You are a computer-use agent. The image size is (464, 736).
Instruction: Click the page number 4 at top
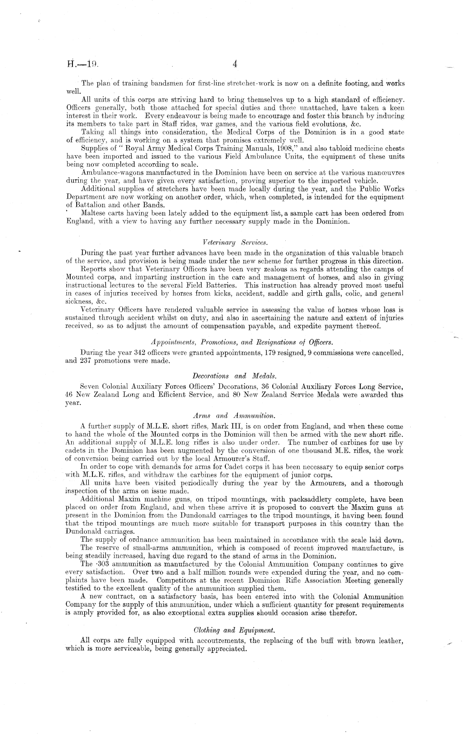[235, 64]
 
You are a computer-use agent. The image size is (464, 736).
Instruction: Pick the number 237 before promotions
[85, 361]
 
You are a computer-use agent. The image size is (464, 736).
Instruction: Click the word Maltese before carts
[94, 213]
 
